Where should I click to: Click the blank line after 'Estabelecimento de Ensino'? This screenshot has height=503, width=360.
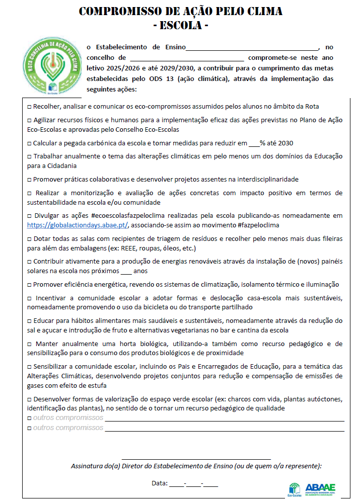point(252,48)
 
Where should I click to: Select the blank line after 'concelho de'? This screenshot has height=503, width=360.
point(186,58)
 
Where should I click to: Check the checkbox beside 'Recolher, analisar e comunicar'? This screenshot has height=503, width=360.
point(29,107)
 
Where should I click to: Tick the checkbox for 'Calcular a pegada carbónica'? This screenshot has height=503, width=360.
point(29,143)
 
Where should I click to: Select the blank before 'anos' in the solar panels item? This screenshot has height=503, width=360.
point(126,271)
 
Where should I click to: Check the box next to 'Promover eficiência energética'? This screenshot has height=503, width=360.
point(29,284)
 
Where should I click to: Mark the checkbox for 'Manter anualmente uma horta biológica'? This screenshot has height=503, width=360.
point(29,344)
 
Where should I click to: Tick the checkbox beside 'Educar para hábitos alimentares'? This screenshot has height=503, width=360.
point(29,320)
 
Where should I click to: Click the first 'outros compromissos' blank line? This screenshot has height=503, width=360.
point(224,418)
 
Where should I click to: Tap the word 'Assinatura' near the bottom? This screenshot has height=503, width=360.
point(87,466)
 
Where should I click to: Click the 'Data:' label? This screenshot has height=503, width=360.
point(160,483)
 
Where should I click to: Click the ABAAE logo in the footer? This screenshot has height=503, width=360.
point(320,487)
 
